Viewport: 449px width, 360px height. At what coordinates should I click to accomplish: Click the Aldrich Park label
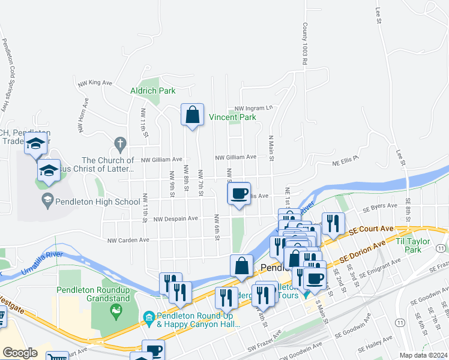coord(153,91)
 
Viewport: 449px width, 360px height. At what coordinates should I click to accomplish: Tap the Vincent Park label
coord(232,118)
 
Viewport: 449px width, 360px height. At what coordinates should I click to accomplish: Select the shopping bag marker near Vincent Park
coord(192,115)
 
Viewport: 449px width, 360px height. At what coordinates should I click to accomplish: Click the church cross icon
coord(119,144)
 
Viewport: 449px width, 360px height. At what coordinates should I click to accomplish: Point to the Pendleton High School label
coord(97,202)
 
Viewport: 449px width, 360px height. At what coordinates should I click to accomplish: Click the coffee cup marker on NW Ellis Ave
coord(239,194)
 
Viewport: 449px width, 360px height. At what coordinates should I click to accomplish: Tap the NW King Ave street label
coord(95,83)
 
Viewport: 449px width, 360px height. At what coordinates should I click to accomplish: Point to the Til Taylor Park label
coord(414,245)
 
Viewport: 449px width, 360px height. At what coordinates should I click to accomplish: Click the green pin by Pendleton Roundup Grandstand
coord(115,310)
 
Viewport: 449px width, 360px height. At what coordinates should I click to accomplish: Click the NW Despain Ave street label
coord(175,219)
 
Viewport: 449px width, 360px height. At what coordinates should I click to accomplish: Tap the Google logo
coord(20,353)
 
